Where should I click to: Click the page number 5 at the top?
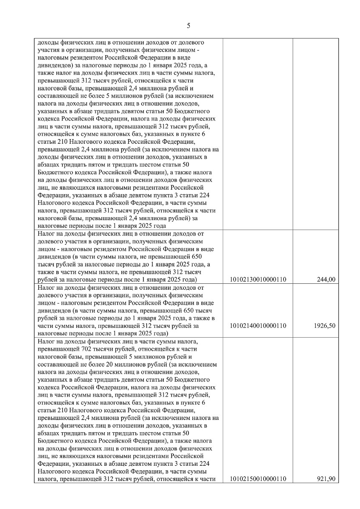coord(188,26)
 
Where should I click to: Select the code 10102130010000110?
coord(258,280)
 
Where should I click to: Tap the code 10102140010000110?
coord(258,326)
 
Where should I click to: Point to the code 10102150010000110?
coord(258,479)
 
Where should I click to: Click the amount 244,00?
coord(326,280)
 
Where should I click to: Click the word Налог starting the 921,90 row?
coord(45,341)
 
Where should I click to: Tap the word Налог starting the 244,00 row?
coord(45,234)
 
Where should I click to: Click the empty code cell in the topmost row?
coord(258,134)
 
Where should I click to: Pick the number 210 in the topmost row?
coord(63,142)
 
